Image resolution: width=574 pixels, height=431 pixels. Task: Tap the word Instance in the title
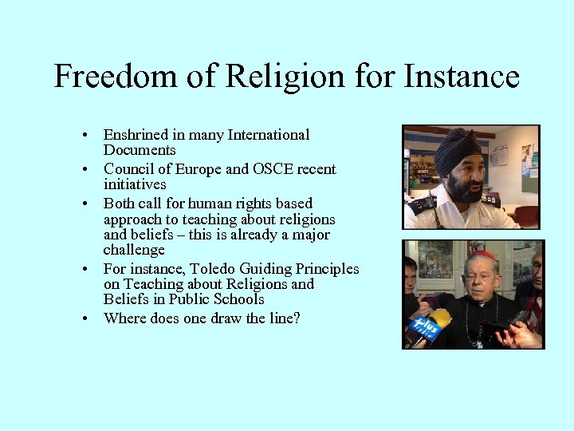pos(462,77)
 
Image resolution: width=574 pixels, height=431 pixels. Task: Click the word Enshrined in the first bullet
pos(137,136)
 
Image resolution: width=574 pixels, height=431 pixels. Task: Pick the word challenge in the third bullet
pos(134,251)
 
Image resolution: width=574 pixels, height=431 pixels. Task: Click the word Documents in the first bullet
pos(140,151)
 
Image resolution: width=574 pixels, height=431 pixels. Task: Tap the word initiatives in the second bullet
pos(135,184)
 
